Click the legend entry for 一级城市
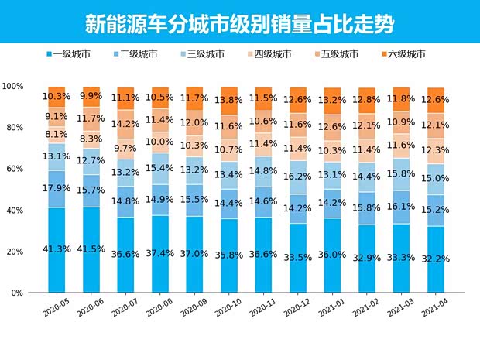(x=70, y=54)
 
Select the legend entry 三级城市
(x=204, y=54)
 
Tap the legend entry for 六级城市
(x=404, y=54)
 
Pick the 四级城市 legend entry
(x=270, y=54)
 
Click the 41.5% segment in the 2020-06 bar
(x=91, y=249)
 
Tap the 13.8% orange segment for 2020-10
(x=229, y=101)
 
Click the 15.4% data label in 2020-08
(x=160, y=168)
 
